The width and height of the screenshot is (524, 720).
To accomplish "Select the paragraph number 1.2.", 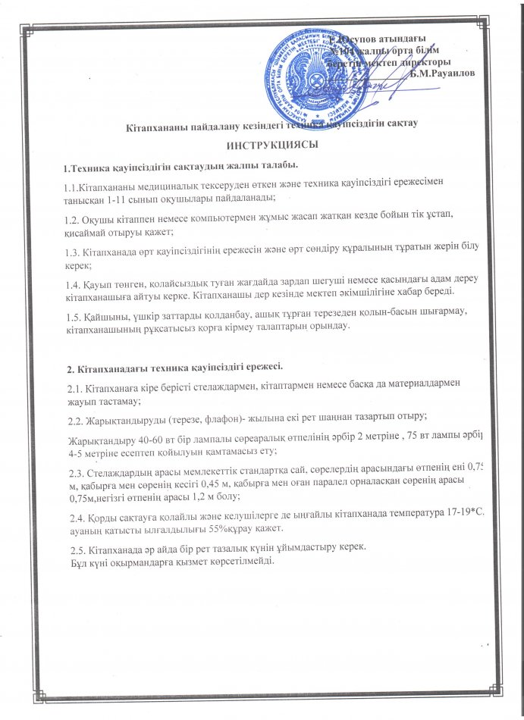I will [72, 214].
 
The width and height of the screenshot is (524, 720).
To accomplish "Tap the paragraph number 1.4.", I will [72, 280].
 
